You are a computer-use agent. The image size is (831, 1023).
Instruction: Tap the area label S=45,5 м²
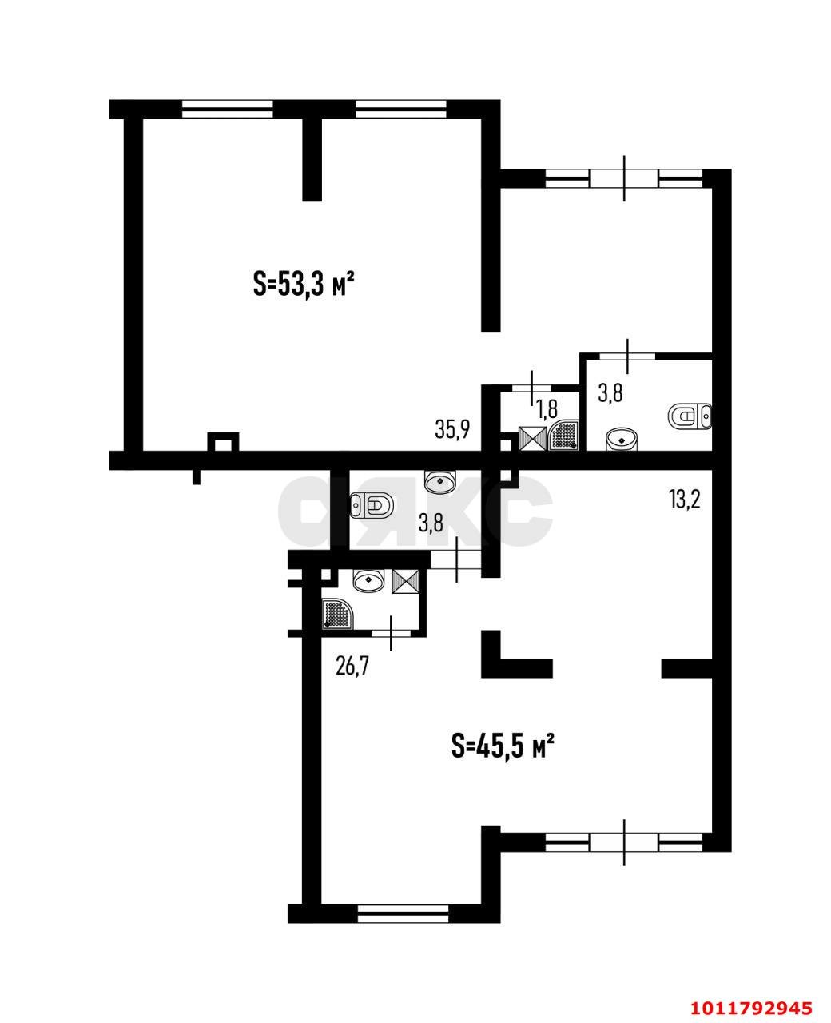pyautogui.click(x=503, y=758)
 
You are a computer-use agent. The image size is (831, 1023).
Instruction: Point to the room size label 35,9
pyautogui.click(x=452, y=429)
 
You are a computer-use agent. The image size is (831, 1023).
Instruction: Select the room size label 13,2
pyautogui.click(x=684, y=499)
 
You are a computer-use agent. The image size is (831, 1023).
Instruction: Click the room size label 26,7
pyautogui.click(x=352, y=667)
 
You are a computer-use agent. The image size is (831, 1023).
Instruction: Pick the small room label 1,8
pyautogui.click(x=547, y=408)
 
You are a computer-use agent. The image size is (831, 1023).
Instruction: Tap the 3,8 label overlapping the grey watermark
pyautogui.click(x=431, y=523)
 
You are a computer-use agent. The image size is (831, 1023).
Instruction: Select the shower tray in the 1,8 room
pyautogui.click(x=563, y=435)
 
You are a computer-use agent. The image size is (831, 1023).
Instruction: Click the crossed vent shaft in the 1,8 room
pyautogui.click(x=533, y=439)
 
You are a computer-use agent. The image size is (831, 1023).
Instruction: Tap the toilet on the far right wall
pyautogui.click(x=690, y=416)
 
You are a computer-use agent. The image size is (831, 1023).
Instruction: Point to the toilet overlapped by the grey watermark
pyautogui.click(x=372, y=505)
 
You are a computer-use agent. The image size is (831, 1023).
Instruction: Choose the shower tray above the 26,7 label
pyautogui.click(x=338, y=613)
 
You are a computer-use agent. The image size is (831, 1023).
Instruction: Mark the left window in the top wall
pyautogui.click(x=228, y=109)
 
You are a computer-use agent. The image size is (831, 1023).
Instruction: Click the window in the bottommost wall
pyautogui.click(x=404, y=927)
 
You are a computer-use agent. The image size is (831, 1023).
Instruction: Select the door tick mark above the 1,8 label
pyautogui.click(x=532, y=387)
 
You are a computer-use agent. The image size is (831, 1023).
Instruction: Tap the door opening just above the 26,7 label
pyautogui.click(x=392, y=633)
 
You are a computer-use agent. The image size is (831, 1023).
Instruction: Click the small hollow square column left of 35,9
pyautogui.click(x=223, y=442)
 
